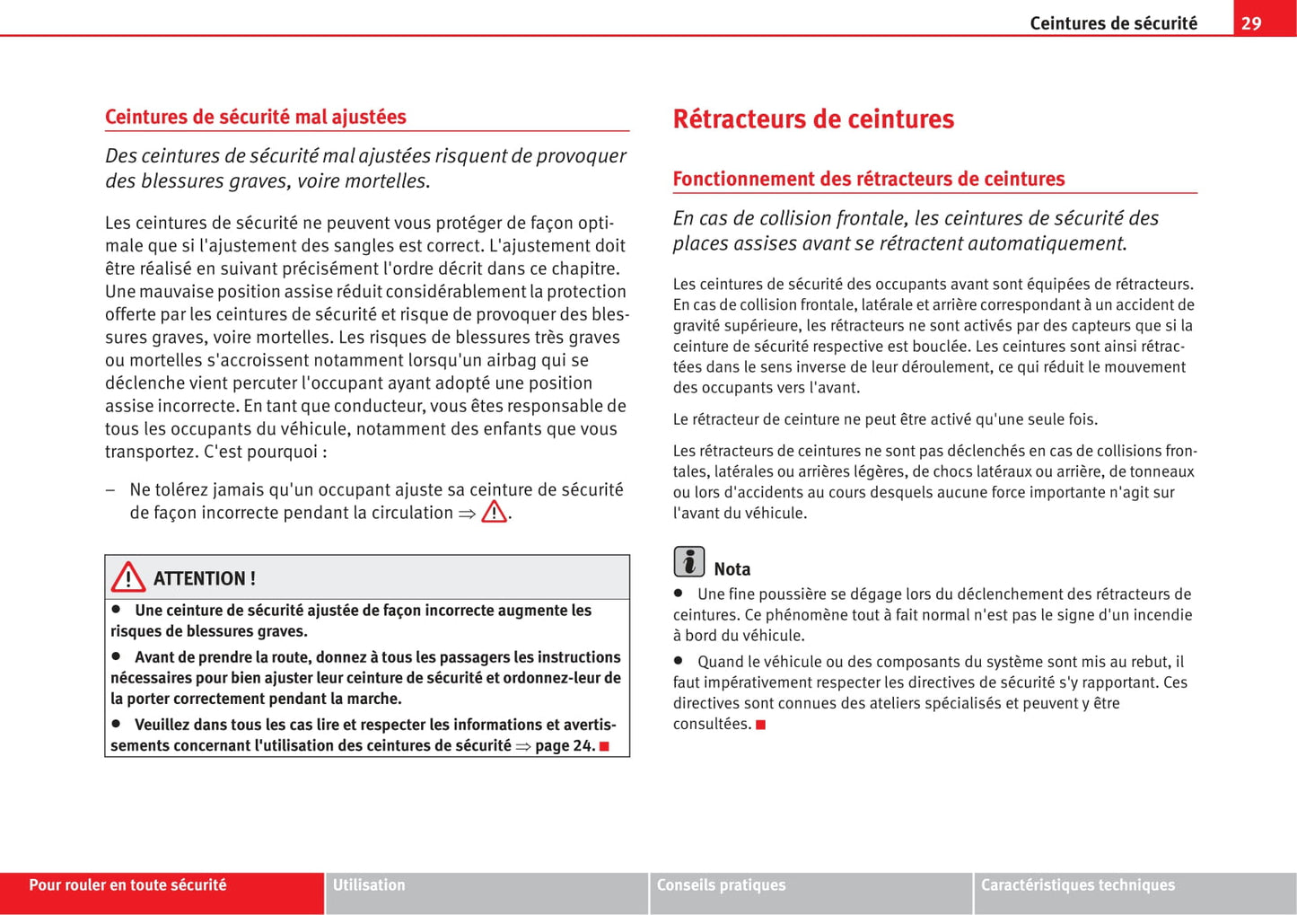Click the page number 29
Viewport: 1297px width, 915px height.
[x=1251, y=23]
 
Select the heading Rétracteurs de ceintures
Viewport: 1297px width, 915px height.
[x=813, y=119]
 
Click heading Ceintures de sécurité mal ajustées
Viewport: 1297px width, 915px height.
[x=255, y=117]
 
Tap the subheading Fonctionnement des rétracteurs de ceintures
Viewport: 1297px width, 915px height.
[x=868, y=179]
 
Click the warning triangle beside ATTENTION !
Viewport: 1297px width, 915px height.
[x=128, y=577]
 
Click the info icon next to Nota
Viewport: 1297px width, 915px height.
[x=688, y=562]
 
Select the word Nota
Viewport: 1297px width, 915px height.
[x=732, y=569]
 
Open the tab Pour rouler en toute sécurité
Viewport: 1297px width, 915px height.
[x=127, y=885]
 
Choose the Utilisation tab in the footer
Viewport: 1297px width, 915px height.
[x=369, y=885]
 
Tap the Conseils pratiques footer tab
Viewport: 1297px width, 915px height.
[x=721, y=885]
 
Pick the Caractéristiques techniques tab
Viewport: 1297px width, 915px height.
[x=1077, y=885]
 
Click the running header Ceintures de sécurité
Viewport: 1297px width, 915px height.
[x=1113, y=23]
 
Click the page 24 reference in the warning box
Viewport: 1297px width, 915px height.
[x=564, y=745]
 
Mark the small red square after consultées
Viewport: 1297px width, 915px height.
[x=760, y=725]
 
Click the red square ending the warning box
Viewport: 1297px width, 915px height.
[x=604, y=746]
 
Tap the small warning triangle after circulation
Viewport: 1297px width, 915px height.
[x=494, y=512]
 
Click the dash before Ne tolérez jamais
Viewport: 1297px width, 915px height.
[x=110, y=490]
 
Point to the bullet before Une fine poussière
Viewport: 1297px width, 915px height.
[x=679, y=593]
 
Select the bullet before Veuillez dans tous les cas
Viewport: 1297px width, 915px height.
[x=116, y=723]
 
